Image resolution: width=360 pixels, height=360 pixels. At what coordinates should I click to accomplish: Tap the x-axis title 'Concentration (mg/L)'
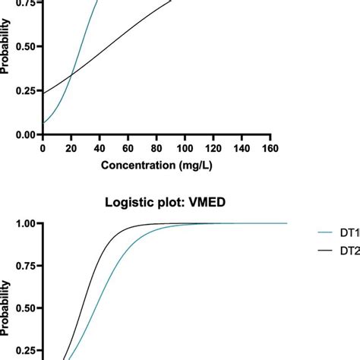click(156, 165)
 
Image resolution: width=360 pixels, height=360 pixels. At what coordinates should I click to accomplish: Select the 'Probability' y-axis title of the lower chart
click(6, 300)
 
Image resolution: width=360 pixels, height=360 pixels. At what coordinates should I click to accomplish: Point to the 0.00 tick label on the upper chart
click(24, 134)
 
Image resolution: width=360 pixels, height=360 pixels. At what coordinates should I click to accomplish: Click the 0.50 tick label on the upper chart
click(24, 46)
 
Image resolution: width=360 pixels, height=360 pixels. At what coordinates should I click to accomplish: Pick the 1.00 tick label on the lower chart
click(24, 223)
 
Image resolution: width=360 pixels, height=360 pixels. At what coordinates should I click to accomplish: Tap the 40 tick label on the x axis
click(99, 149)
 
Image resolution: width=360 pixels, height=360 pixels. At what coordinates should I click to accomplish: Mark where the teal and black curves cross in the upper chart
click(71, 74)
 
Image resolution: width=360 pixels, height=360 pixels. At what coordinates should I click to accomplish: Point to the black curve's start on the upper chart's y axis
click(43, 93)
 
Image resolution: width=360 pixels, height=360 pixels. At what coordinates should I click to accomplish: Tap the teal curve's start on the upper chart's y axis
click(43, 122)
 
